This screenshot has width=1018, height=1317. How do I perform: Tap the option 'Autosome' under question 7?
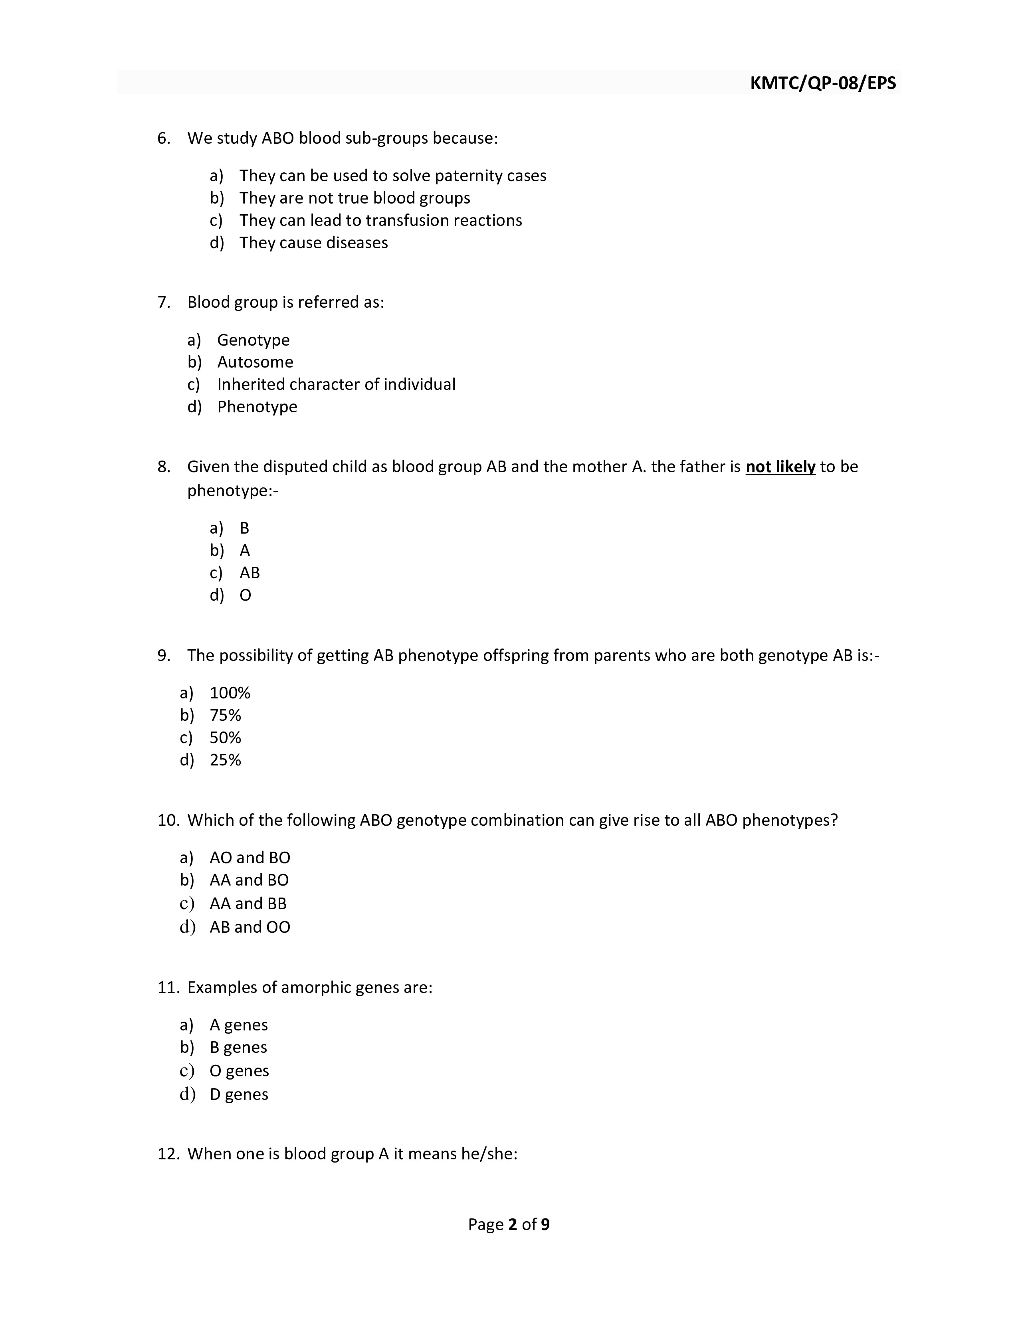coord(255,362)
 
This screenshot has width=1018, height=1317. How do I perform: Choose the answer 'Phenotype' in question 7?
coord(257,407)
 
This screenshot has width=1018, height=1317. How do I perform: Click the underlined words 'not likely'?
coord(780,467)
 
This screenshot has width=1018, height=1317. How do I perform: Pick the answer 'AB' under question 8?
coord(249,573)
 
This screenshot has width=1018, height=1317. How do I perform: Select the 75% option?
coord(225,716)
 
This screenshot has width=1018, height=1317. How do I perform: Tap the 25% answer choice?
coord(225,760)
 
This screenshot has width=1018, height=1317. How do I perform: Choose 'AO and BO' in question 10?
coord(250,858)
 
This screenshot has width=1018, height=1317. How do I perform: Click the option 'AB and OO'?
coord(250,927)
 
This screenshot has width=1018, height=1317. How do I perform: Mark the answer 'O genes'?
coord(239,1071)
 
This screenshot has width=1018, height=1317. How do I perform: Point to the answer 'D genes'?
coord(239,1094)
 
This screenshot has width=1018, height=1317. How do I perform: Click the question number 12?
coord(168,1154)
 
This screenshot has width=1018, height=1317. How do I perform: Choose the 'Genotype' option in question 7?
coord(253,340)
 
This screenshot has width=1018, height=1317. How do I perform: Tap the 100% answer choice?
coord(230,694)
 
